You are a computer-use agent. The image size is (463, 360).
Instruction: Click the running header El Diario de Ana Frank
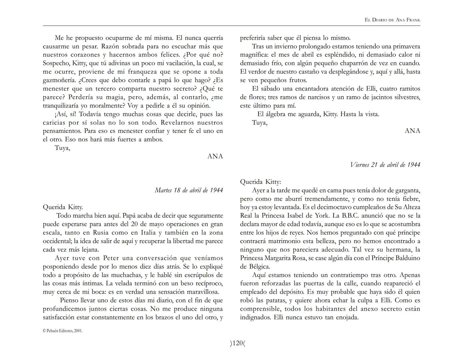(x=392, y=20)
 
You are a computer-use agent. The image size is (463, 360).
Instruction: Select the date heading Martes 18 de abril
(x=189, y=190)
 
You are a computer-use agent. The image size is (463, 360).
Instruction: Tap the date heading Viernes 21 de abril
(x=385, y=165)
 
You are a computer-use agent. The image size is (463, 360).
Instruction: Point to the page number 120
(x=237, y=343)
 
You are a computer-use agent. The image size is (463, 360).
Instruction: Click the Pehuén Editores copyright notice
(x=63, y=331)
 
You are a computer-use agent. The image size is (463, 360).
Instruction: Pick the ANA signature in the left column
(x=215, y=156)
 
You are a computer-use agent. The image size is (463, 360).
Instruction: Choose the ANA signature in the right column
(x=412, y=131)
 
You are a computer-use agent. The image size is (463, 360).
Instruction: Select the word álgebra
(x=279, y=114)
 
